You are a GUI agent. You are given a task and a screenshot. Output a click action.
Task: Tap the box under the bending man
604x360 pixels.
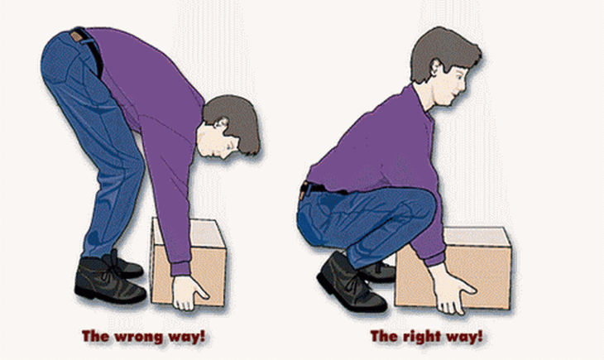tap(189, 262)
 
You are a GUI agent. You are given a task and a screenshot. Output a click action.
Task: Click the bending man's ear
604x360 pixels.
tap(222, 124)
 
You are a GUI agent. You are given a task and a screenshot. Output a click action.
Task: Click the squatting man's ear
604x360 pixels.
tap(436, 70)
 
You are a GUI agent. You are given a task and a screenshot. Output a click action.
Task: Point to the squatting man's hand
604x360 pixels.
tap(452, 289)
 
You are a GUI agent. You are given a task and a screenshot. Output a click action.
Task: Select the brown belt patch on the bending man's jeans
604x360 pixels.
tap(77, 36)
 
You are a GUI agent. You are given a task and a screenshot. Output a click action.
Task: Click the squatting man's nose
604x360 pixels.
tap(464, 84)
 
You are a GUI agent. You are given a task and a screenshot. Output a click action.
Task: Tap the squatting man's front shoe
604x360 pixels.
tap(350, 283)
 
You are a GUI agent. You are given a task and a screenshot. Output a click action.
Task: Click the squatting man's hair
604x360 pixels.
tap(443, 50)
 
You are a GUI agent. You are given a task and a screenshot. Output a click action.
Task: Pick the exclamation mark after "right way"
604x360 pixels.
tap(479, 336)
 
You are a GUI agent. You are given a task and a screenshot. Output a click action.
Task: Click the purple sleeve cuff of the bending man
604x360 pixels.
tap(180, 269)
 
